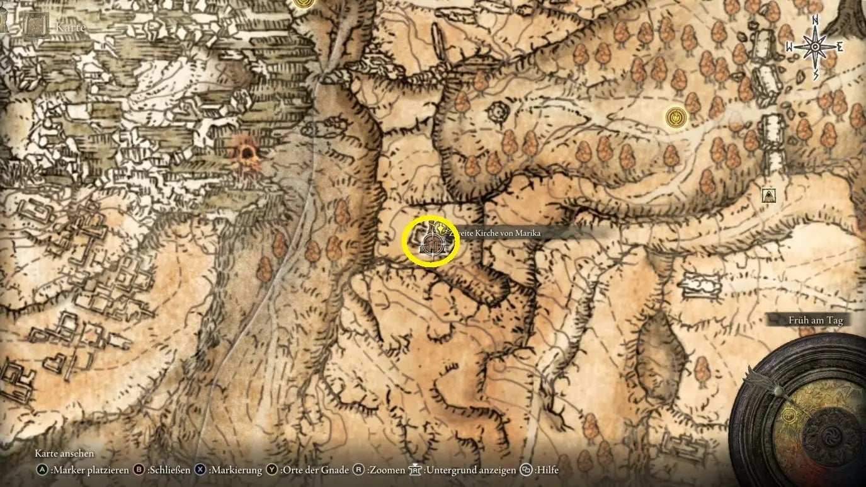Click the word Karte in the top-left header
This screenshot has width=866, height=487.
[71, 27]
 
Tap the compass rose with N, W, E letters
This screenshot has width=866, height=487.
[814, 47]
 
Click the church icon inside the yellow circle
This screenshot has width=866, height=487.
[431, 242]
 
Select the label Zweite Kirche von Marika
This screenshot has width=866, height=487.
[495, 233]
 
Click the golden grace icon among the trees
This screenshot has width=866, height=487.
[676, 117]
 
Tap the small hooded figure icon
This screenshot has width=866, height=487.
[768, 195]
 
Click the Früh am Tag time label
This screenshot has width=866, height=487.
[815, 320]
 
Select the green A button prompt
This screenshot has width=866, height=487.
[42, 470]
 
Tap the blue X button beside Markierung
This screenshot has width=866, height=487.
[200, 470]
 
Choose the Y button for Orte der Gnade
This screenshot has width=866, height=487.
[272, 470]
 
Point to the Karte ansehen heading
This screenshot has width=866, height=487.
[64, 454]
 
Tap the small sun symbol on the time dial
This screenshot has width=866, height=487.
[789, 415]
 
